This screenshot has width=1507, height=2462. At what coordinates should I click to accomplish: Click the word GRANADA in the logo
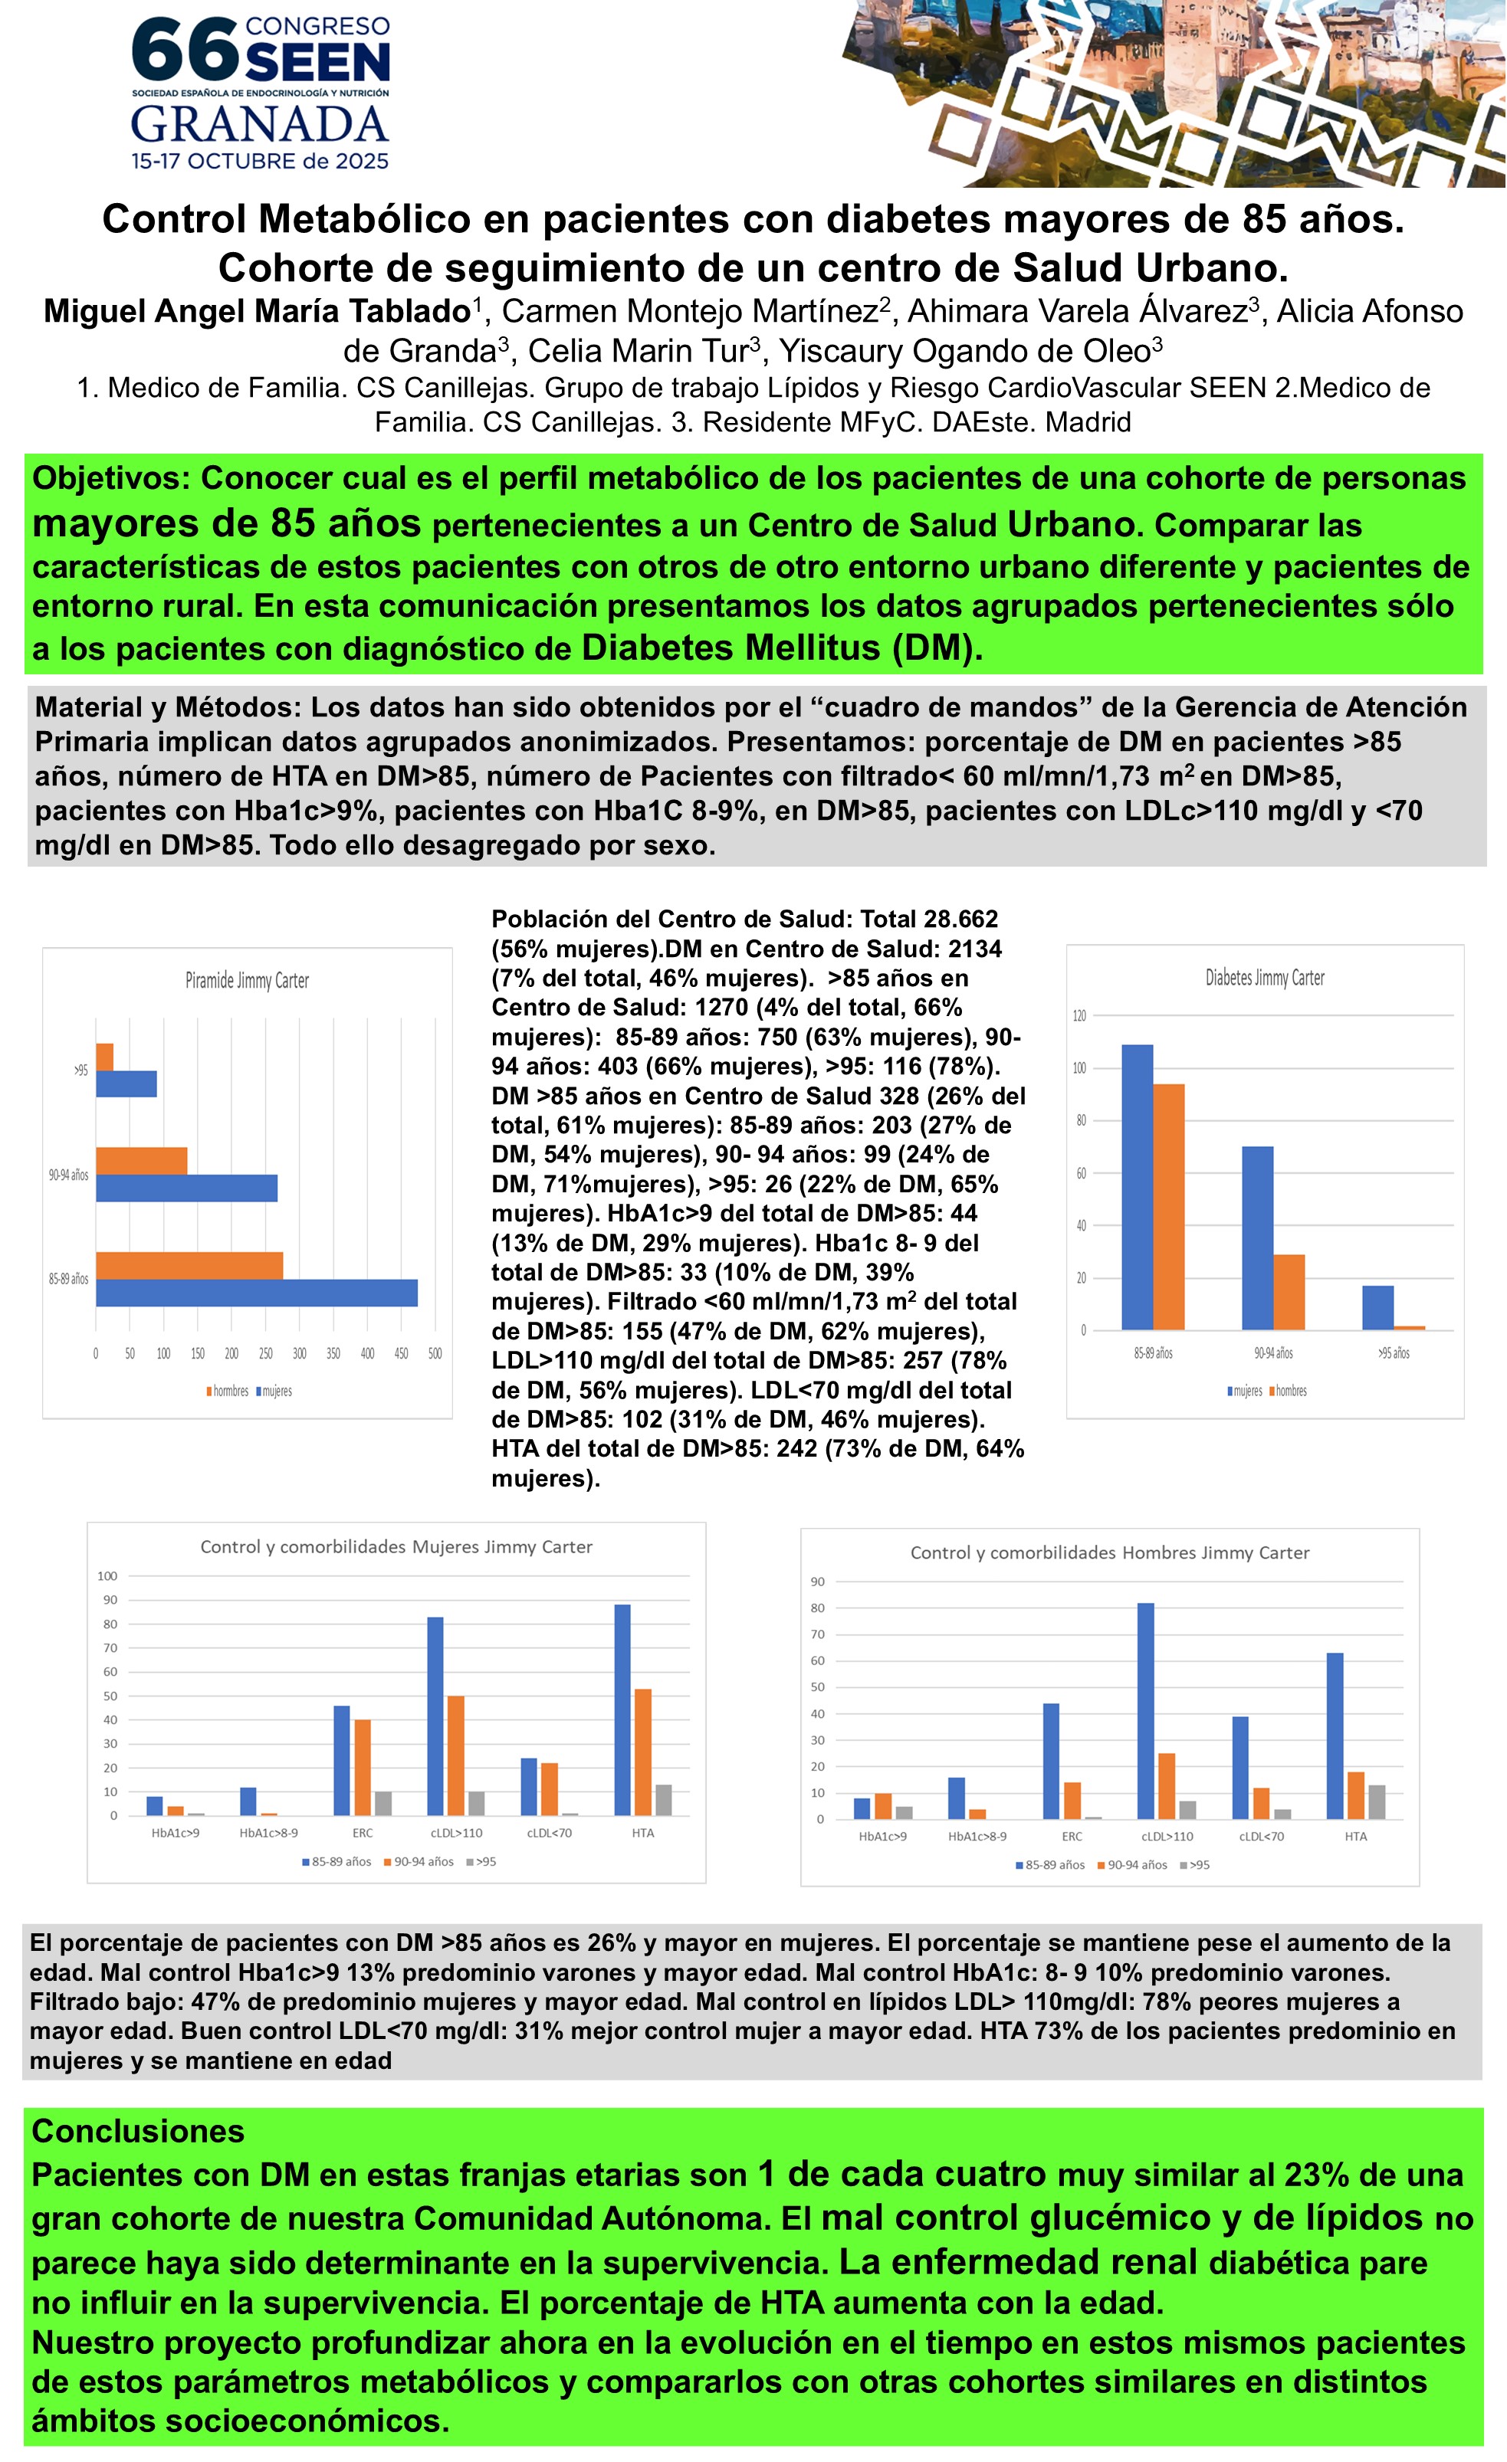point(260,125)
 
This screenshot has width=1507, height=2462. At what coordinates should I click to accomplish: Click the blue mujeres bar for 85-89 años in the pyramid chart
point(256,1293)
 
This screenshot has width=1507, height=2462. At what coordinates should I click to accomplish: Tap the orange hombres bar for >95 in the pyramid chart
point(105,1057)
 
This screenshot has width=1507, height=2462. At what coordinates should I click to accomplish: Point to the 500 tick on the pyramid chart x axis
point(435,1354)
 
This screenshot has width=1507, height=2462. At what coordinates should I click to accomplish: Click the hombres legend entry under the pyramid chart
point(230,1391)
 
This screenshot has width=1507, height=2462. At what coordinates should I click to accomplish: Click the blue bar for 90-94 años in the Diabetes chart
point(1257,1237)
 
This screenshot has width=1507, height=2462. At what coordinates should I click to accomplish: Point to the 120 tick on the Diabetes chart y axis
point(1079,1016)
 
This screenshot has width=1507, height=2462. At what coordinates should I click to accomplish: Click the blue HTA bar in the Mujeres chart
point(622,1710)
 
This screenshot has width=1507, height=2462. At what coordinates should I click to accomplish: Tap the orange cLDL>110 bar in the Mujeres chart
point(455,1756)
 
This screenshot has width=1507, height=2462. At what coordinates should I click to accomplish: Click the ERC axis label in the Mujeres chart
point(363,1832)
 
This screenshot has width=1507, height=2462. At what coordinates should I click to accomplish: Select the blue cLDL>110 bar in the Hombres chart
point(1145,1710)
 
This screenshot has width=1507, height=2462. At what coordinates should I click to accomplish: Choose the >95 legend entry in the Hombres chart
point(1197,1864)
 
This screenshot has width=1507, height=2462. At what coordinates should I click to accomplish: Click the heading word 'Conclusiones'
point(138,2131)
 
